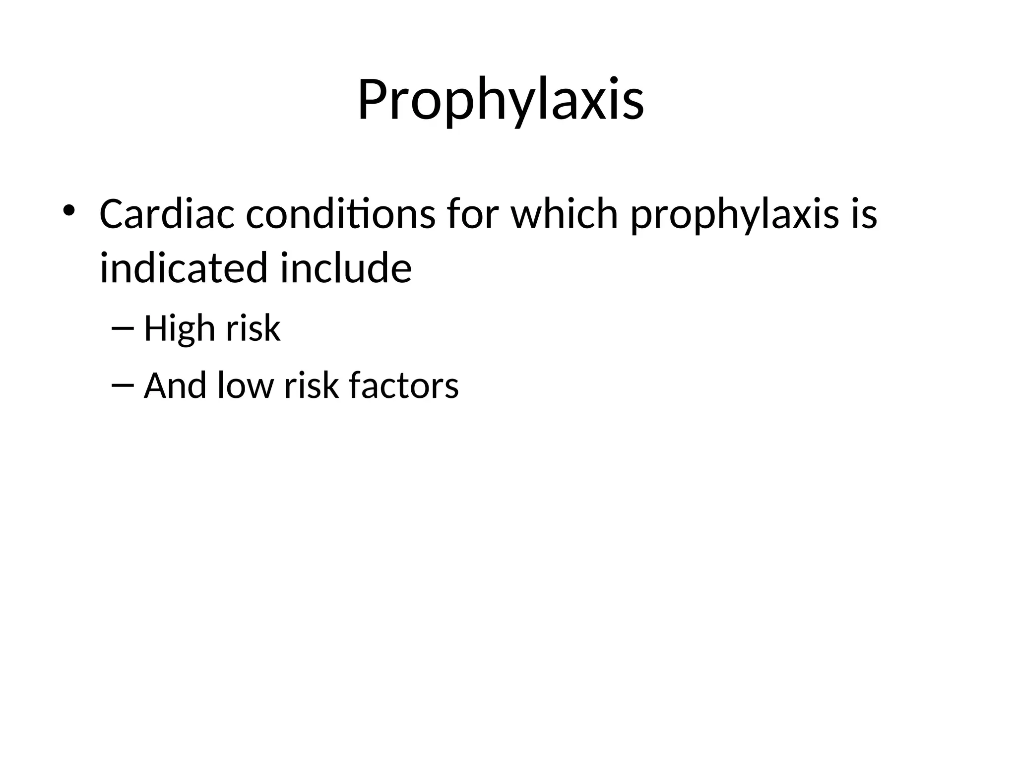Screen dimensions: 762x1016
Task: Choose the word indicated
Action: [x=184, y=268]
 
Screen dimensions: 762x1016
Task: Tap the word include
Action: [x=346, y=268]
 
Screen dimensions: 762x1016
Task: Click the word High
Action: [x=180, y=329]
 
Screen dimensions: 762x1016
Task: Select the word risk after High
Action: [x=253, y=328]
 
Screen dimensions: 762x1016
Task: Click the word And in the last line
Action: [x=175, y=385]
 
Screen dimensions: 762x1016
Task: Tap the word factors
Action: [x=404, y=385]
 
